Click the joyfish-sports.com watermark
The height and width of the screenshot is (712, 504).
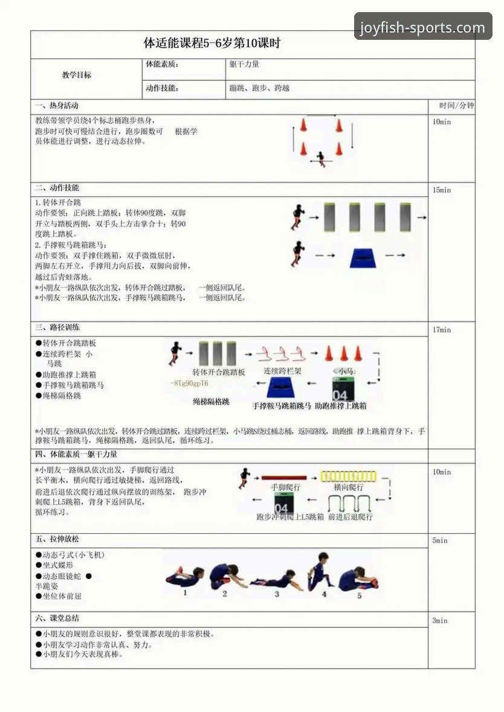[x=422, y=27]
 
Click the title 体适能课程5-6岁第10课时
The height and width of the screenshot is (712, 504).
[x=212, y=43]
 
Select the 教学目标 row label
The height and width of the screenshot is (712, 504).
[x=77, y=75]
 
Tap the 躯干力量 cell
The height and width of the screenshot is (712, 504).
[x=244, y=64]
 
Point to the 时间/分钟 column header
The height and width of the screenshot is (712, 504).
[x=456, y=106]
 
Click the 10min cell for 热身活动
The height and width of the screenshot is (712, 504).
[x=442, y=121]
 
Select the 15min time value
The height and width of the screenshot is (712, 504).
[x=442, y=190]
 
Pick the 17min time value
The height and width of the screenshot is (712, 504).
[x=442, y=330]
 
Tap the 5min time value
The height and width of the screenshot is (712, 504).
[x=440, y=540]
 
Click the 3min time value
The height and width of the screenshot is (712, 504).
[x=440, y=620]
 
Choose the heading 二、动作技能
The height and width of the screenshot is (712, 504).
[x=57, y=188]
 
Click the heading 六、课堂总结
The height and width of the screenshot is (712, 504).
[x=57, y=618]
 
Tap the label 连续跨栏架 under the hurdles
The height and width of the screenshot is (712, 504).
[x=282, y=371]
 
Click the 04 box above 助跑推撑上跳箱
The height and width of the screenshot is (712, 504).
[x=341, y=388]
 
